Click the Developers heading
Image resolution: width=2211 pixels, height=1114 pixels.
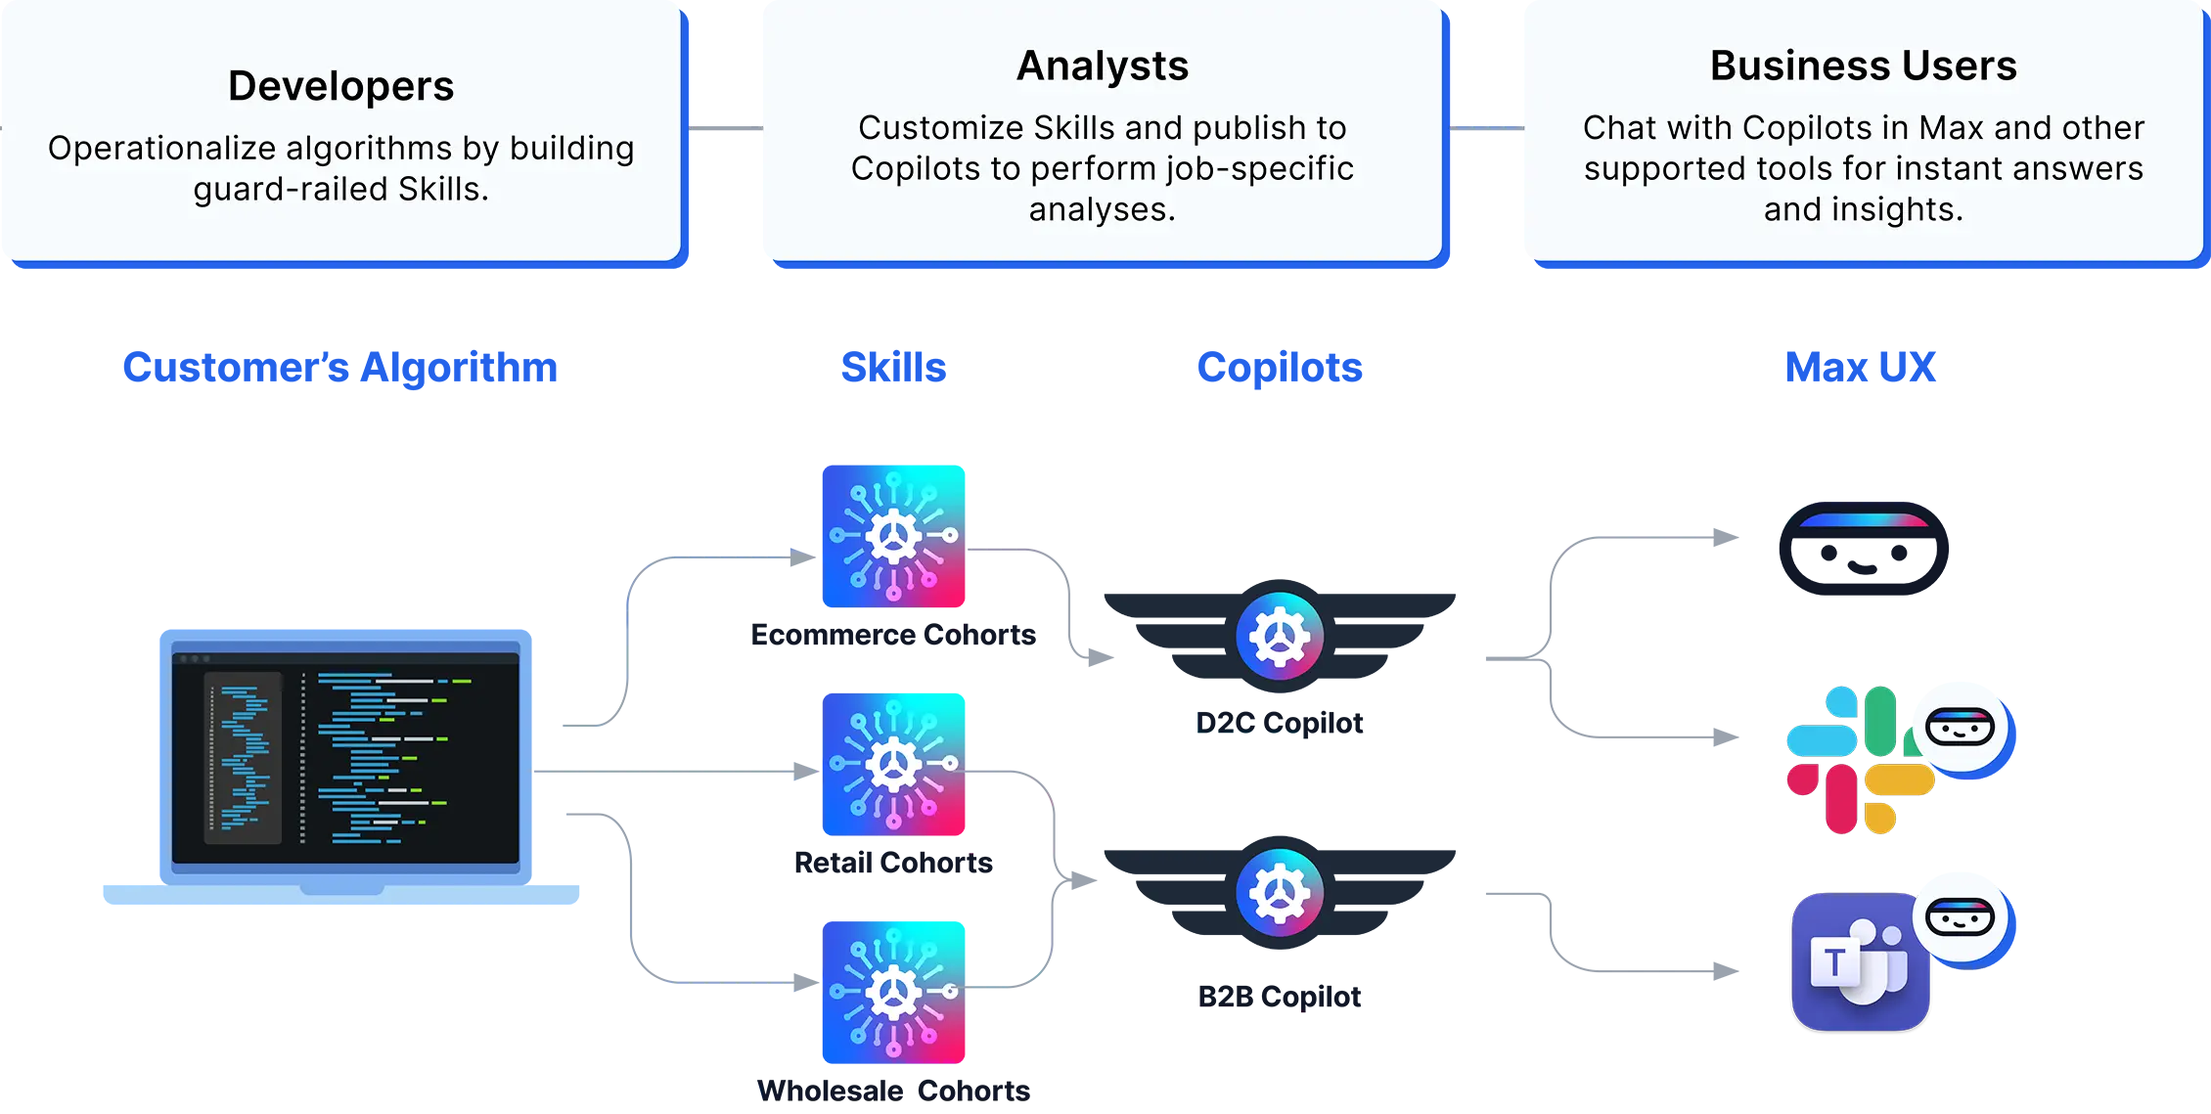click(x=340, y=86)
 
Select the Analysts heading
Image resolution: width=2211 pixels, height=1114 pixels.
click(x=1102, y=67)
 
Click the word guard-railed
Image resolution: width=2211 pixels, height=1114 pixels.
click(x=291, y=189)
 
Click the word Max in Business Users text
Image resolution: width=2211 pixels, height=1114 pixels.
click(x=1951, y=128)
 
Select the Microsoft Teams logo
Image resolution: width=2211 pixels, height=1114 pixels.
click(x=1859, y=963)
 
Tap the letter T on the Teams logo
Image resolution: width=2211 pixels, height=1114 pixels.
click(x=1833, y=962)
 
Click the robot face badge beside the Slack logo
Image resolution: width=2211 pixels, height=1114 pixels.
click(x=1960, y=727)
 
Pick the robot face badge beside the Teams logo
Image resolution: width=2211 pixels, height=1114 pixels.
click(x=1960, y=917)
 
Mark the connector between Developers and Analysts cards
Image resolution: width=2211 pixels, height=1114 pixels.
click(x=724, y=128)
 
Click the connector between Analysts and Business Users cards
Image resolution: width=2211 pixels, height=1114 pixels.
click(x=1485, y=130)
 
